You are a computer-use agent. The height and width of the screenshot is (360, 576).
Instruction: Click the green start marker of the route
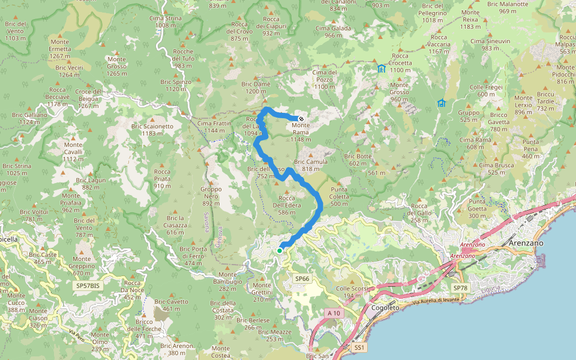click(x=280, y=250)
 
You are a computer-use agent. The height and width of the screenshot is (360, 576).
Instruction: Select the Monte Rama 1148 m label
click(x=301, y=132)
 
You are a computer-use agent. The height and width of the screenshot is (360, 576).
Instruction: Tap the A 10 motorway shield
click(x=334, y=313)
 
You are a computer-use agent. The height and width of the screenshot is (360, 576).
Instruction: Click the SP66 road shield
click(x=302, y=279)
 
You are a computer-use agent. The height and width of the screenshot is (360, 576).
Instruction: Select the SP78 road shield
click(x=459, y=288)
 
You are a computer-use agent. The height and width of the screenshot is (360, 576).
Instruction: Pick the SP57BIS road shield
click(x=88, y=286)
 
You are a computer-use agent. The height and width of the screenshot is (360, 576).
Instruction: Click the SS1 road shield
click(x=359, y=347)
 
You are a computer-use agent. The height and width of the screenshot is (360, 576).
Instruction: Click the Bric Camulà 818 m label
click(x=311, y=166)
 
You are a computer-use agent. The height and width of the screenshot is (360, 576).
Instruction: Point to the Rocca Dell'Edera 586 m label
click(x=286, y=205)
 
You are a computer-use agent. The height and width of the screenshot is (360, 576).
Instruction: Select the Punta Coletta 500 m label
click(x=339, y=200)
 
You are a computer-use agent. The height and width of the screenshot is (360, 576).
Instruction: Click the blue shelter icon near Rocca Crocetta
click(x=382, y=68)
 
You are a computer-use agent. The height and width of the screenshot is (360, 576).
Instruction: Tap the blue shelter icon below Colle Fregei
click(x=442, y=103)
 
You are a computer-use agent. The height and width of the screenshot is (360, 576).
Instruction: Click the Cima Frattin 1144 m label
click(x=214, y=127)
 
